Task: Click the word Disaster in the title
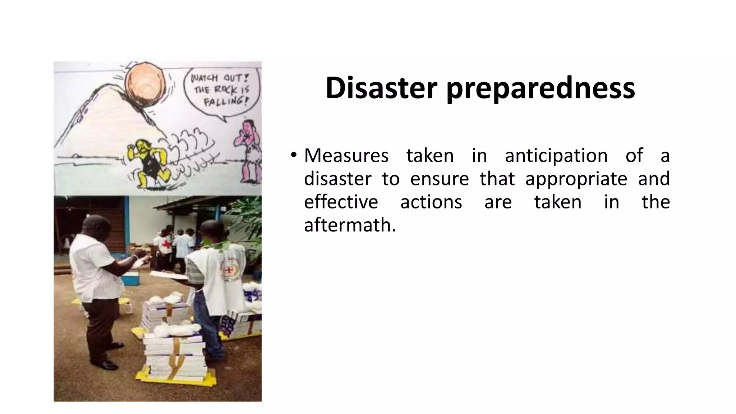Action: pyautogui.click(x=381, y=88)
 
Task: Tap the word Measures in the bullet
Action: pyautogui.click(x=346, y=156)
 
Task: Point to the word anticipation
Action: pyautogui.click(x=556, y=156)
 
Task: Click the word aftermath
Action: pyautogui.click(x=350, y=225)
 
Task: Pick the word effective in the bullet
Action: pyautogui.click(x=341, y=202)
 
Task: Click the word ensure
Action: pyautogui.click(x=439, y=179)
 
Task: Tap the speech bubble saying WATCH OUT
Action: pyautogui.click(x=220, y=90)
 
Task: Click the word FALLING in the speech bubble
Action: pyautogui.click(x=225, y=101)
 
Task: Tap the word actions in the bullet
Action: pyautogui.click(x=431, y=202)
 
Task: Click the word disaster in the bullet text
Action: pyautogui.click(x=337, y=179)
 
